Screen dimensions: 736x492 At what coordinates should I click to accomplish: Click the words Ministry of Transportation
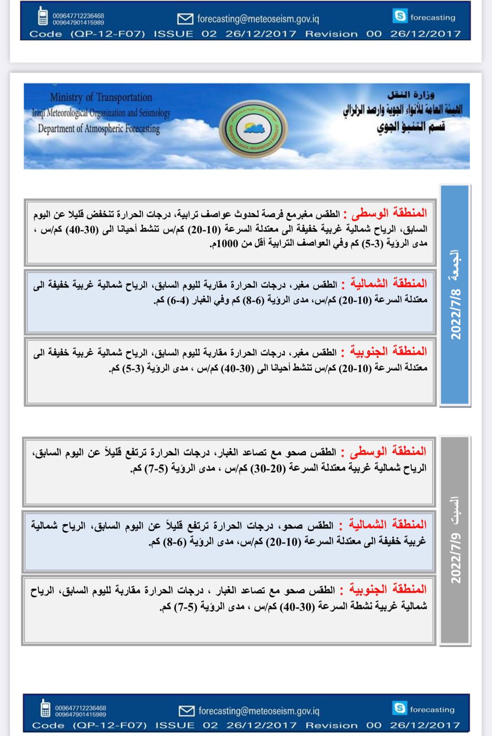tap(101, 97)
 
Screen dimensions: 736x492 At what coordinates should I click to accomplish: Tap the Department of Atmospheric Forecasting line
tap(98, 129)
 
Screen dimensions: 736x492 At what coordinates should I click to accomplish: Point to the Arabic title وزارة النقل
tap(411, 95)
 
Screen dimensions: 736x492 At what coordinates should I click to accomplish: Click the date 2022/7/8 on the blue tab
tap(456, 315)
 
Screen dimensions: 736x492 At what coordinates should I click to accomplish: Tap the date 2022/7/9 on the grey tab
tap(456, 558)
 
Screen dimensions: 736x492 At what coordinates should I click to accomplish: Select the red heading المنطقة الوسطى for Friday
tap(389, 213)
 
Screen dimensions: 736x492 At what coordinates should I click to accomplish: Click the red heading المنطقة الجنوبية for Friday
tap(389, 351)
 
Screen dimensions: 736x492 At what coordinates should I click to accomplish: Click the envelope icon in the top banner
tap(185, 18)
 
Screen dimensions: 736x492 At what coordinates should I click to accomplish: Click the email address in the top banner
tap(258, 19)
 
